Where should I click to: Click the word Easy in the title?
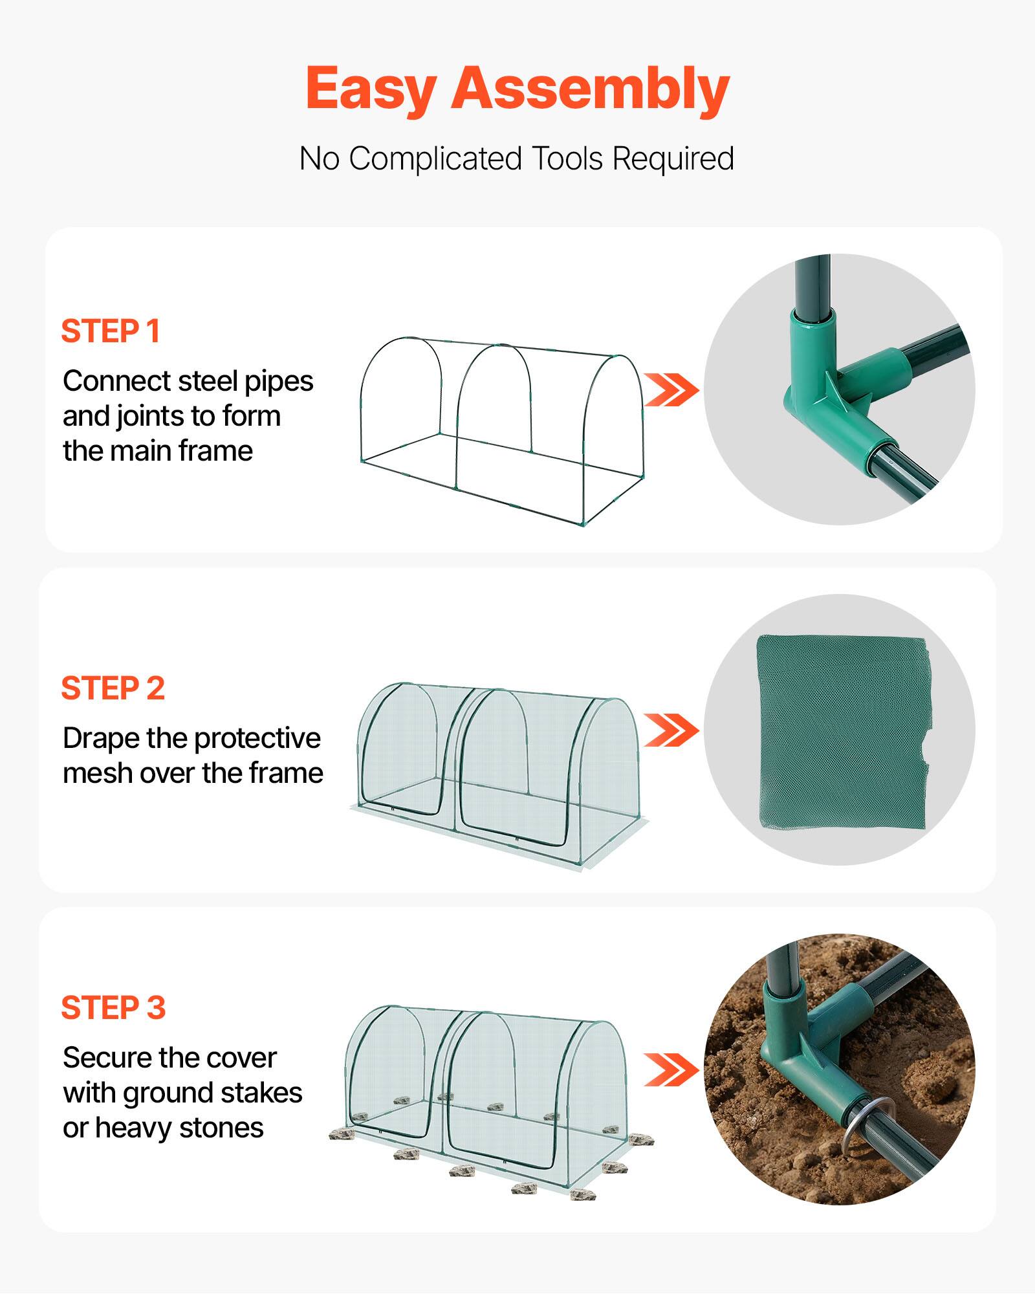click(x=371, y=89)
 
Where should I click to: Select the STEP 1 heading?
click(x=111, y=331)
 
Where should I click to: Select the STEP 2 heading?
click(x=113, y=688)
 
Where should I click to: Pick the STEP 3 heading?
click(x=114, y=1008)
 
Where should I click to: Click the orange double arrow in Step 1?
click(x=671, y=389)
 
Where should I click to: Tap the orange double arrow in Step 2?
click(x=671, y=730)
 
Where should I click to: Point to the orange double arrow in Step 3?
click(x=671, y=1069)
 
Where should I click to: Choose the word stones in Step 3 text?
click(x=221, y=1128)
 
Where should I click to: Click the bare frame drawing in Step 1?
click(x=501, y=430)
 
